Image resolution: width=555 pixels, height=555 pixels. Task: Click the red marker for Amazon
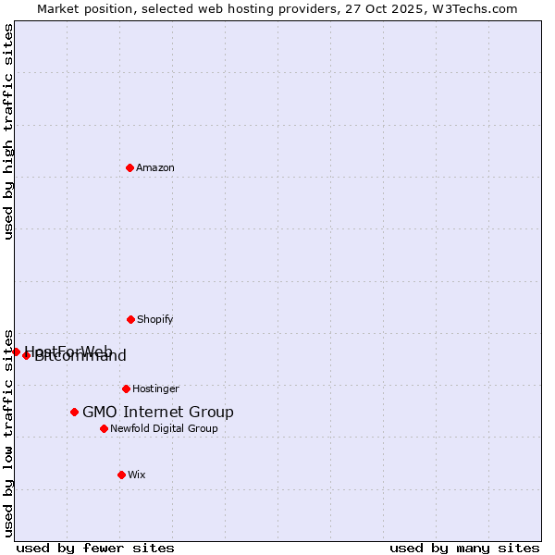click(x=129, y=167)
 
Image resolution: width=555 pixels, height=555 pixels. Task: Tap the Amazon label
click(x=155, y=167)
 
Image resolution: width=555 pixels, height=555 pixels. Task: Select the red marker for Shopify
click(x=130, y=319)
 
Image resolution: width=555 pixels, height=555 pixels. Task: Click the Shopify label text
click(x=154, y=319)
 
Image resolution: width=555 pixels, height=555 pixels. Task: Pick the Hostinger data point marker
click(x=126, y=388)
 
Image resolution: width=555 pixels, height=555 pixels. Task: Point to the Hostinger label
click(x=155, y=388)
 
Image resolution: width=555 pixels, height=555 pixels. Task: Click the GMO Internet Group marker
click(x=74, y=412)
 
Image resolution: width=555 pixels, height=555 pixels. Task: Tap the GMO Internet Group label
click(x=158, y=413)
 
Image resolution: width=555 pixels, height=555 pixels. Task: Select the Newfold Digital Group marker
click(x=104, y=428)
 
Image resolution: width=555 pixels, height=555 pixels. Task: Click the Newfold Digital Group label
click(x=164, y=428)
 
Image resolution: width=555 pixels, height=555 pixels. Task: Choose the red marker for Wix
click(x=121, y=475)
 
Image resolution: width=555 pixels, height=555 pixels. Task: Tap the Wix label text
click(x=137, y=475)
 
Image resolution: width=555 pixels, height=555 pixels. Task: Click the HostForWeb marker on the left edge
click(x=16, y=351)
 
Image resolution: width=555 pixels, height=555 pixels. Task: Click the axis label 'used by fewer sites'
click(x=95, y=548)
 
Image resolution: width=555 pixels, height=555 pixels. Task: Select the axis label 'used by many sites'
click(x=464, y=548)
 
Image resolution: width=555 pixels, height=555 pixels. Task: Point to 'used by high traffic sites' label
click(x=8, y=131)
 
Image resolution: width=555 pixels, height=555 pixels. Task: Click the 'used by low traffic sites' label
click(x=8, y=432)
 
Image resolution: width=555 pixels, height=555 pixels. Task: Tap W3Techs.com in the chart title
click(x=477, y=8)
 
